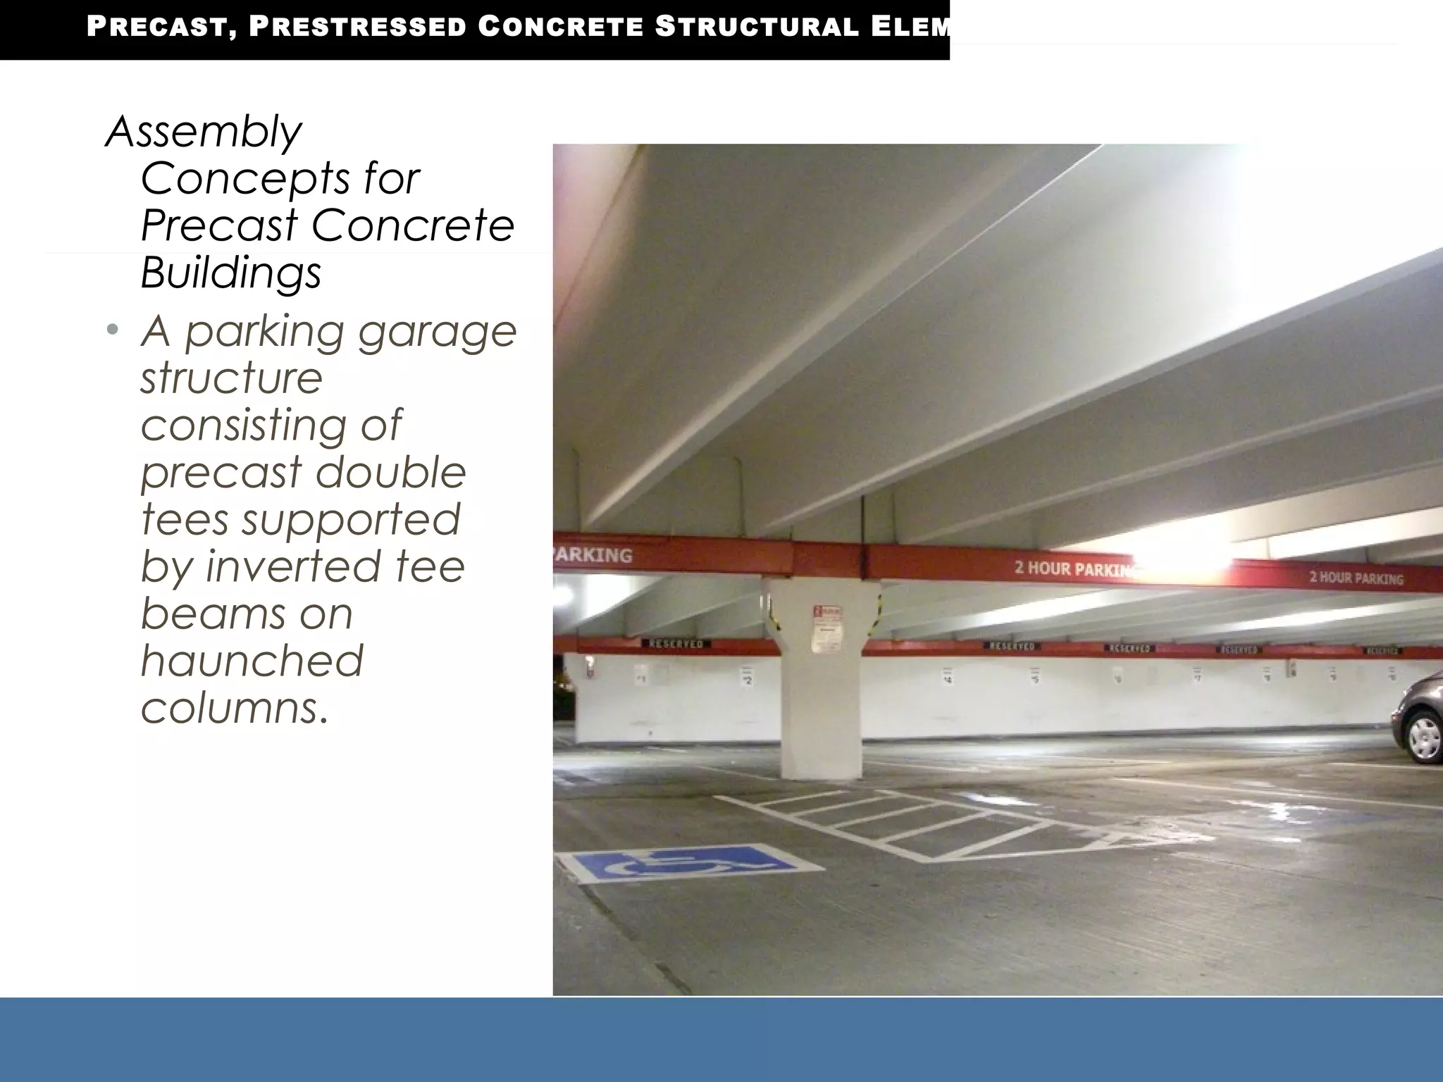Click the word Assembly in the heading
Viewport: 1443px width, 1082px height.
204,132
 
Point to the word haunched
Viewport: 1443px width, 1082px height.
252,661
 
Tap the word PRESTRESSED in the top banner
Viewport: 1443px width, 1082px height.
358,27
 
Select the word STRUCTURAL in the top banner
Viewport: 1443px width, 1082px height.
757,27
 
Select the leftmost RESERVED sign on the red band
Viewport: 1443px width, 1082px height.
674,644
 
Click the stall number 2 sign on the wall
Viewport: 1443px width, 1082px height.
747,677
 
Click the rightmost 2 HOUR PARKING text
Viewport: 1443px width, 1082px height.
1356,578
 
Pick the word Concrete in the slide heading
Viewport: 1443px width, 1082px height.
413,225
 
